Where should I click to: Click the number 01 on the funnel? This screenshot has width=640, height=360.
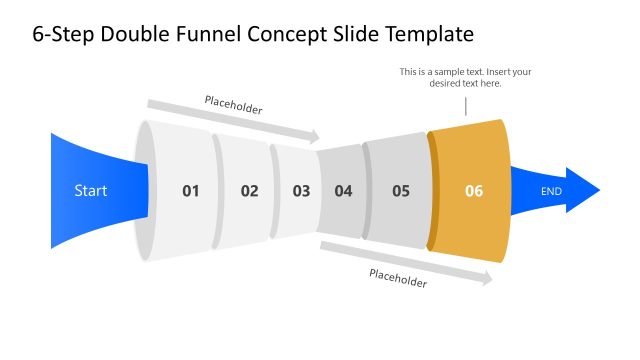point(191,190)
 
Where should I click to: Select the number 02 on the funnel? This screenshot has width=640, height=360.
point(249,190)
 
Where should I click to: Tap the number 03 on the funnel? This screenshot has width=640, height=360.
point(301,190)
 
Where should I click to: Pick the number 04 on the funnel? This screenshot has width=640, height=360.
point(344,190)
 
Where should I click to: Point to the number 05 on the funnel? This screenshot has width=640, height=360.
point(401,190)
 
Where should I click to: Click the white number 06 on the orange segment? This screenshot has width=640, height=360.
point(474,190)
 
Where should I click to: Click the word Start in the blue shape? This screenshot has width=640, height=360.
point(91,190)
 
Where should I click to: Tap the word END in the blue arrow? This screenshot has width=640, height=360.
point(551,190)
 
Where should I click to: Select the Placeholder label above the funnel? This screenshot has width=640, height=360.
point(233,105)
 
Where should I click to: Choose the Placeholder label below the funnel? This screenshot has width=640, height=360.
point(398,278)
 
